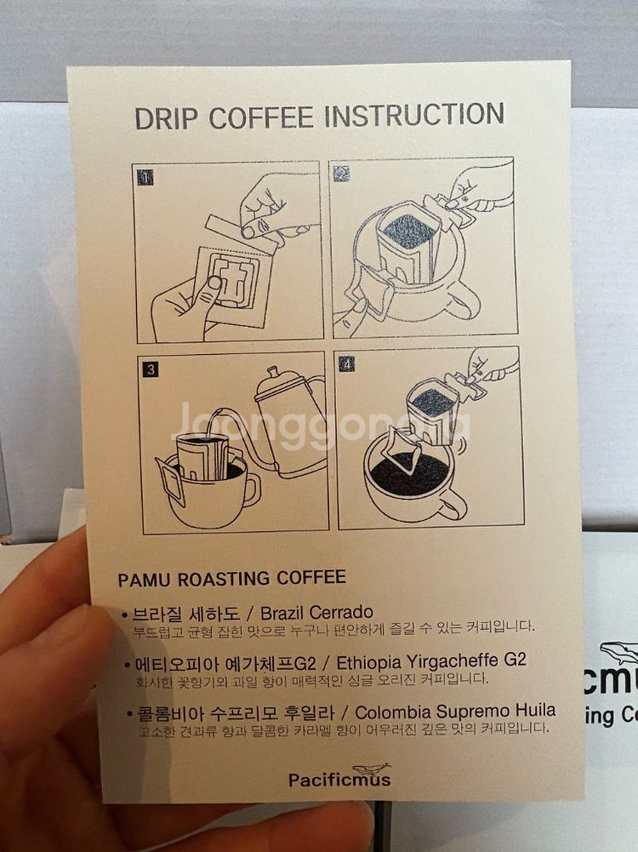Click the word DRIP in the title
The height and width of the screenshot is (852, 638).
pos(167,118)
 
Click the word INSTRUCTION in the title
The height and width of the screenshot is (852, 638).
pos(414,115)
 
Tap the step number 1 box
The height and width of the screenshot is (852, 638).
pos(145,177)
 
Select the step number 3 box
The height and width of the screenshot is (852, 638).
pos(151,369)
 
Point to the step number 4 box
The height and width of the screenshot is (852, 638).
pos(346,363)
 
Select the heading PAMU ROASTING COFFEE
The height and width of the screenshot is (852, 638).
pos(232,578)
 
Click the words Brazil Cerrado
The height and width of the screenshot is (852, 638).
pos(316,613)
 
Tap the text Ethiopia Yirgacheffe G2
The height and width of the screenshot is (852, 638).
pos(431,661)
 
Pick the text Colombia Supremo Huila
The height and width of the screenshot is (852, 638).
pos(455,712)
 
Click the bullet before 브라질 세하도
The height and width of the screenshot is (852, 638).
pos(124,615)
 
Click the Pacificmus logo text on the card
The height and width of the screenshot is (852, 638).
pos(339,780)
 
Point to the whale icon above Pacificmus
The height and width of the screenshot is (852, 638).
pos(372,769)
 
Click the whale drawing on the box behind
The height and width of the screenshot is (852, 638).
pos(619,651)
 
